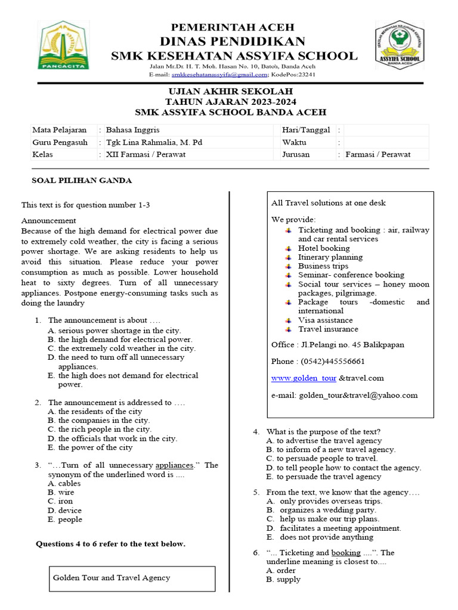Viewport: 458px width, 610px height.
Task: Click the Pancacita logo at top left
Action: click(x=64, y=45)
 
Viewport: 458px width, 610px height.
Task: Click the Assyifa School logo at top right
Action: click(x=400, y=45)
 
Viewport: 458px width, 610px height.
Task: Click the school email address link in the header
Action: click(x=219, y=75)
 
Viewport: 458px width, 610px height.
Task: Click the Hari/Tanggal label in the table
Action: click(x=306, y=130)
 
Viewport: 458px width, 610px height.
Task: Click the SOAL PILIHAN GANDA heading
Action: click(x=81, y=180)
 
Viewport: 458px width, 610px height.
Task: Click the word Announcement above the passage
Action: click(x=47, y=220)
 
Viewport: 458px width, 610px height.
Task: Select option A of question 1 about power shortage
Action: click(x=119, y=330)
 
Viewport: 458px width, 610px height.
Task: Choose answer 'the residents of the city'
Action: click(x=100, y=412)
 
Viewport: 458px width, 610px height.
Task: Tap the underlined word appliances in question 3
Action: click(x=174, y=465)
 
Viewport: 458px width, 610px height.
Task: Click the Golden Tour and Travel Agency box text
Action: click(x=112, y=577)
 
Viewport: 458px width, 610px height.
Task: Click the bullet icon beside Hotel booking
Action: click(x=288, y=248)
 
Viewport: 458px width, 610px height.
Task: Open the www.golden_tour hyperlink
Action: click(x=304, y=378)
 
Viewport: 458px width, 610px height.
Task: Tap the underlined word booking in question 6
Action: click(x=346, y=553)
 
